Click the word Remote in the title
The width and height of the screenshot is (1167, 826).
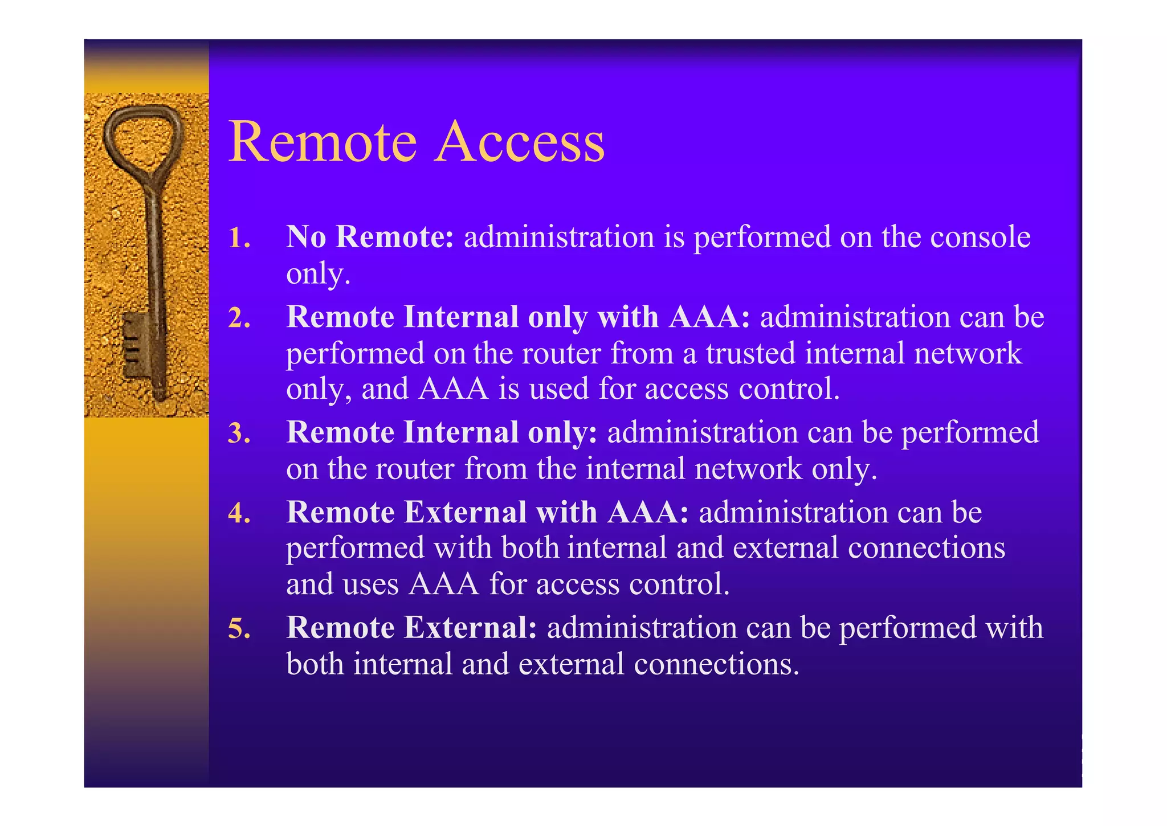(x=323, y=142)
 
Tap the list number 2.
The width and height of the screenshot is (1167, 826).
(x=239, y=318)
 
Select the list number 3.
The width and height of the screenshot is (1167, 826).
(x=239, y=433)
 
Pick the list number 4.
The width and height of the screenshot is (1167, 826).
(x=239, y=513)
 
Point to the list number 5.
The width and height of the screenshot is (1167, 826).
(x=239, y=628)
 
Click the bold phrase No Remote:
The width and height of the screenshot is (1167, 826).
(x=370, y=236)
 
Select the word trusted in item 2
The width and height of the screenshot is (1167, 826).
(x=750, y=353)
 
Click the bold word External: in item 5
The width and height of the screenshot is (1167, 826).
(x=470, y=628)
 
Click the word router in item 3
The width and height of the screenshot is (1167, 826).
(x=415, y=469)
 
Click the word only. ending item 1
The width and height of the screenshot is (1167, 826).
(x=317, y=274)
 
